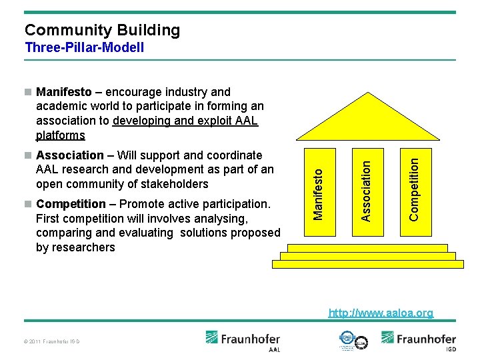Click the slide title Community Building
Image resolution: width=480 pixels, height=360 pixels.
coord(102,30)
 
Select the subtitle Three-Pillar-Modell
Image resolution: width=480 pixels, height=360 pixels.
coord(84,47)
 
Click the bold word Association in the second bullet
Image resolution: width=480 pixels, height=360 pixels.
coord(70,155)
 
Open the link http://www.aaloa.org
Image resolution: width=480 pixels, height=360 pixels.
coord(381,313)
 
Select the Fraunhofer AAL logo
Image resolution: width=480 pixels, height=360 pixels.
coord(243,341)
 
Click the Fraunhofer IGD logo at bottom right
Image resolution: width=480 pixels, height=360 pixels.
coord(418,340)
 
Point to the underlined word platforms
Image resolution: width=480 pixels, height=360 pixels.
coord(61,135)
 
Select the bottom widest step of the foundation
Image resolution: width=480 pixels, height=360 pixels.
coord(367,263)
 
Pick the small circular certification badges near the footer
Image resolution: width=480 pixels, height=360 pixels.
coord(353,340)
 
